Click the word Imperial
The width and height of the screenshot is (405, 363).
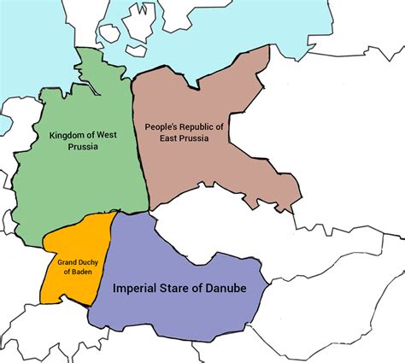(x=138, y=289)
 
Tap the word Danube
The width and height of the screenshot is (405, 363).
(x=227, y=289)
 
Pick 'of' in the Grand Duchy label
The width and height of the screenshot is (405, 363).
(x=67, y=272)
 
